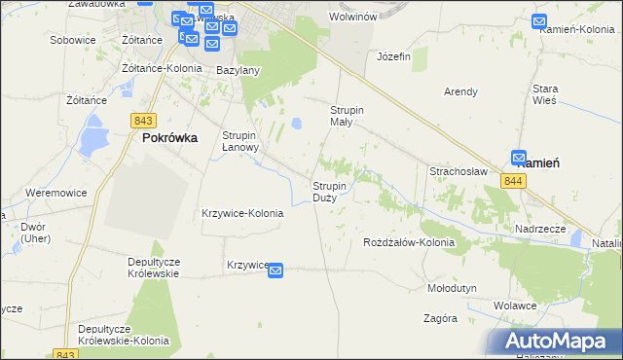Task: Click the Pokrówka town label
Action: pos(170,138)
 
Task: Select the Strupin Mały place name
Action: pos(348,116)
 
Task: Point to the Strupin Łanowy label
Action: pos(239,141)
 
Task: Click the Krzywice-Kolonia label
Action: pos(242,213)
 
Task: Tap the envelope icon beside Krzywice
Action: pos(275,270)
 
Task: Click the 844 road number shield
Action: pos(514,182)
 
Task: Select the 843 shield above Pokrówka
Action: pos(144,120)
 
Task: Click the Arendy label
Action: pos(460,91)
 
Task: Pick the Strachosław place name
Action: pos(458,170)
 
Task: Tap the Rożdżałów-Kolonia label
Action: pos(409,241)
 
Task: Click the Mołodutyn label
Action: pos(452,289)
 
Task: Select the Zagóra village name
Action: pos(440,318)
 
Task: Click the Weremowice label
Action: pos(56,193)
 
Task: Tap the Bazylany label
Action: pos(238,71)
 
